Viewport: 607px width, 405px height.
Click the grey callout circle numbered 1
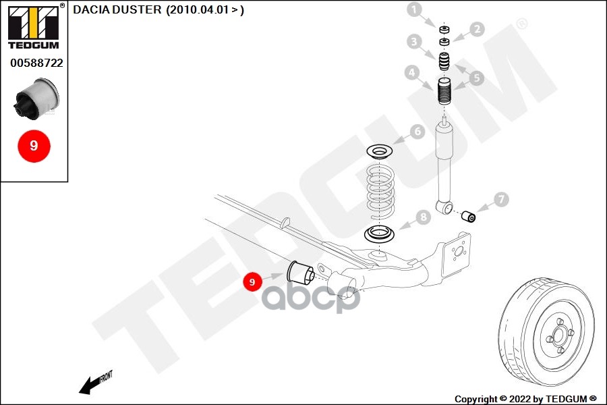click(x=413, y=9)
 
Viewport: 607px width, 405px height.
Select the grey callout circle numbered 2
click(x=477, y=29)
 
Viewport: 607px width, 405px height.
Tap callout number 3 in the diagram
click(x=414, y=42)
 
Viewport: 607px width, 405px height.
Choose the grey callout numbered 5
click(x=477, y=77)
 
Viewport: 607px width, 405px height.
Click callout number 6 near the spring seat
click(x=417, y=132)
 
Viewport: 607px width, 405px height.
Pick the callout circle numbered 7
click(x=500, y=199)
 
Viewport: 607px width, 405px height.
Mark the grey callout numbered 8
click(x=423, y=217)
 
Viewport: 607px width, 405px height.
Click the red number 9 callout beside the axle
click(x=252, y=281)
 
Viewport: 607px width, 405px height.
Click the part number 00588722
click(x=36, y=63)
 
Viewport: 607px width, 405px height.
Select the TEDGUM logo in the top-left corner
click(x=33, y=26)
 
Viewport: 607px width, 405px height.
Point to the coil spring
click(x=380, y=190)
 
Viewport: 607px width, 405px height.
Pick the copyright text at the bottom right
click(x=525, y=399)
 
